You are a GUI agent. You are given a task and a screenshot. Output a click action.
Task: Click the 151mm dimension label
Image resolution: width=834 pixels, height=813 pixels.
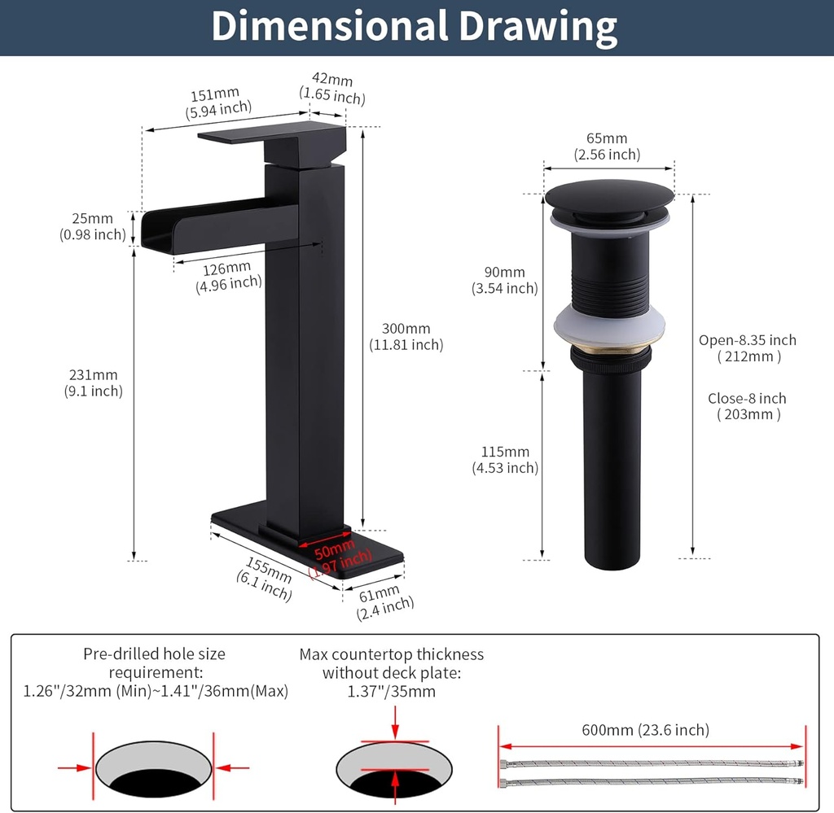[x=215, y=95]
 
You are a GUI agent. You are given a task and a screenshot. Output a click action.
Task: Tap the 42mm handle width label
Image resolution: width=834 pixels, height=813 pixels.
[x=332, y=79]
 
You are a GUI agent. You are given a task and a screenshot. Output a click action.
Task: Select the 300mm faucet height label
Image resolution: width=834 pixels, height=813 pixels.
[x=406, y=329]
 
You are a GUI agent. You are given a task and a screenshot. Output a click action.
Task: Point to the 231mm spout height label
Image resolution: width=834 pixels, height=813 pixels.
[x=93, y=374]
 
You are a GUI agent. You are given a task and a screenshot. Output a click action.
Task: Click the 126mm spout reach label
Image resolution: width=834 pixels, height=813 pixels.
[x=226, y=269]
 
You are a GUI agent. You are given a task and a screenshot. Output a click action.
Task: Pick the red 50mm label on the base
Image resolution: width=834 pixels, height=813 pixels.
[x=335, y=549]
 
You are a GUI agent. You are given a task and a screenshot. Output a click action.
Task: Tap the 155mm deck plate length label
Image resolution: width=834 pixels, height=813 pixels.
[x=268, y=570]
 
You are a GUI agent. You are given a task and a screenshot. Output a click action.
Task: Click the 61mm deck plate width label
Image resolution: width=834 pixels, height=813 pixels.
[x=379, y=593]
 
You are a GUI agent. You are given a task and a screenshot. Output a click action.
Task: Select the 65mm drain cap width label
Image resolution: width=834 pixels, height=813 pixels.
[x=607, y=138]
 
